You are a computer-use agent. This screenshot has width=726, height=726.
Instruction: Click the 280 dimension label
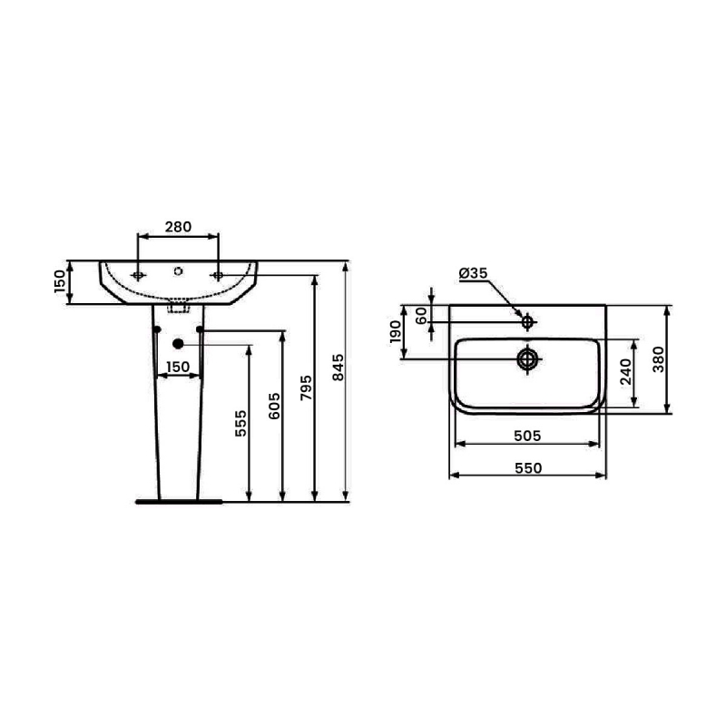178,228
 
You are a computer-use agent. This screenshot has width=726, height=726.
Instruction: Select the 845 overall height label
338,366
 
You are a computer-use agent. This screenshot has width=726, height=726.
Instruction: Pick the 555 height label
240,423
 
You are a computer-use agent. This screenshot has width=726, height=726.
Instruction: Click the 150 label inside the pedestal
177,367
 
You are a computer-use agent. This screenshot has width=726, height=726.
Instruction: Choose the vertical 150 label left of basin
61,282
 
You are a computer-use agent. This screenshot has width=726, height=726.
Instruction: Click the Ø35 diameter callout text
474,272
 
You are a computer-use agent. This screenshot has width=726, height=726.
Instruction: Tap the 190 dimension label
396,331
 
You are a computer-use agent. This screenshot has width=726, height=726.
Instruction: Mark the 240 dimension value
624,372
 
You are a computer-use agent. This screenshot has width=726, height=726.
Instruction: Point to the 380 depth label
658,360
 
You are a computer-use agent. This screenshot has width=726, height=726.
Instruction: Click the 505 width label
526,436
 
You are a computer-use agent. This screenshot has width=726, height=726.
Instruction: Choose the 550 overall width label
528,467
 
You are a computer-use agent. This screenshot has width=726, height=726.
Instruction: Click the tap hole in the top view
527,320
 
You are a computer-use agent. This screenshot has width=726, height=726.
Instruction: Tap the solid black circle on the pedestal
178,343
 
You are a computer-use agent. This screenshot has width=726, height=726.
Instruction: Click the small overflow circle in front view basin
178,270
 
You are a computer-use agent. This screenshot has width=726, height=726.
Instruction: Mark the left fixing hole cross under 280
139,274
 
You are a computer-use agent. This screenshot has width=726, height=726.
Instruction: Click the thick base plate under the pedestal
177,500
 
